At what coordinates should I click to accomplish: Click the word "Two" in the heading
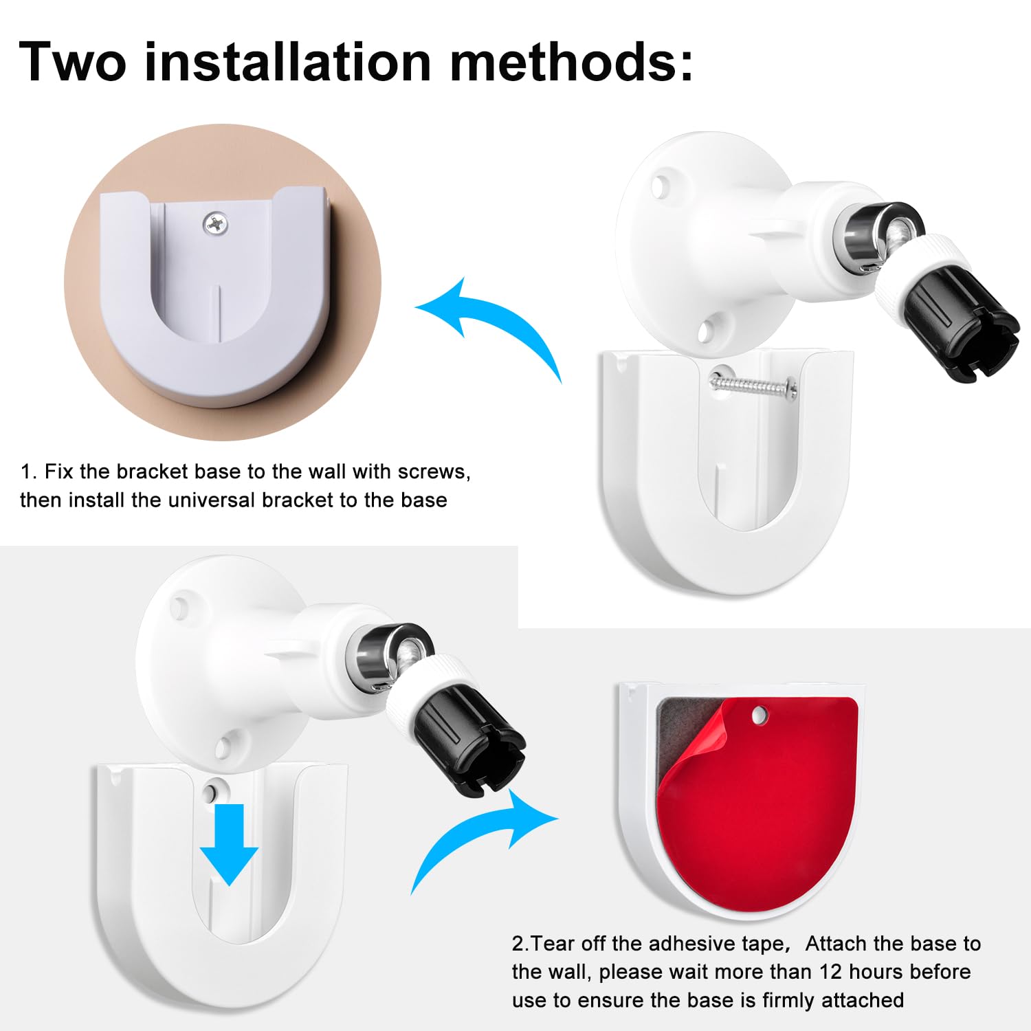(x=73, y=62)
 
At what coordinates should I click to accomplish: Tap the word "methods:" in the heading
(x=571, y=62)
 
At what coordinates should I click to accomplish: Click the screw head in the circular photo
(x=217, y=223)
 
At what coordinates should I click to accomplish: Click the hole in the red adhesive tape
(x=759, y=716)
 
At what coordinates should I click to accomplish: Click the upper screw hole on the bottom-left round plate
(x=180, y=608)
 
